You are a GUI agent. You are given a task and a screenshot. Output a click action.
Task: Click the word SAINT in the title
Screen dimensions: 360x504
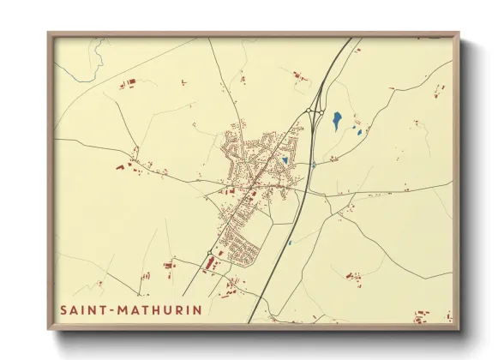[x=82, y=309]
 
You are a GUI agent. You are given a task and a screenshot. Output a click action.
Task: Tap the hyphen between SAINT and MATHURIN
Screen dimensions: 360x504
[x=111, y=309]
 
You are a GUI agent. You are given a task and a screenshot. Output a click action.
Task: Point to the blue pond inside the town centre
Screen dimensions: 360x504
[x=285, y=159]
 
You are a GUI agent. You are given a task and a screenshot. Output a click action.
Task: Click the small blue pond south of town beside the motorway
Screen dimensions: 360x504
[x=290, y=243]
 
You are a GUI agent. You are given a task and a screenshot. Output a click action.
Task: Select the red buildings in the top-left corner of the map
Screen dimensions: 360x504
[x=128, y=83]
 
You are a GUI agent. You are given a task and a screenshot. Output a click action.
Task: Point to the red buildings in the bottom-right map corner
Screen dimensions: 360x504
[x=420, y=317]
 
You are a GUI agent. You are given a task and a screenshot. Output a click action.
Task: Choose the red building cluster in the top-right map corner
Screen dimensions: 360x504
[x=439, y=90]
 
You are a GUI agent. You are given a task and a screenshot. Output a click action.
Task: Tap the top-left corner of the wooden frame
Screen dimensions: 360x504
[x=49, y=34]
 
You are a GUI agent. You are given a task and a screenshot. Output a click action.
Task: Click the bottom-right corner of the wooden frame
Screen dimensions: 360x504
[x=458, y=329]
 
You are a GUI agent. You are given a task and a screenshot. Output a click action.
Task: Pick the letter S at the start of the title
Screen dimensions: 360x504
[x=63, y=309]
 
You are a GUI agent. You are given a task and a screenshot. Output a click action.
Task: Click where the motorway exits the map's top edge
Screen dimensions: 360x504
[x=351, y=39]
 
